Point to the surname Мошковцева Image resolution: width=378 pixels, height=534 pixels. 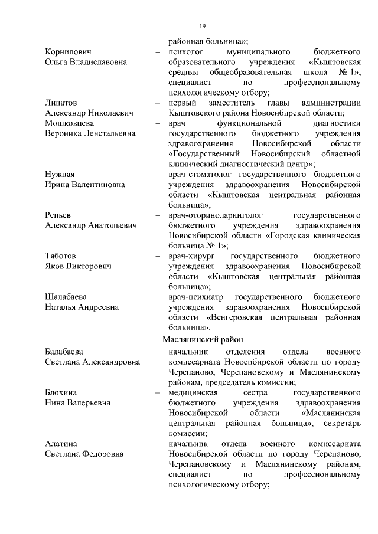[x=70, y=123]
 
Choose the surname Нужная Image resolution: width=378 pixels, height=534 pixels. [x=60, y=174]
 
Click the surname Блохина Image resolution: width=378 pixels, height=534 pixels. [x=61, y=392]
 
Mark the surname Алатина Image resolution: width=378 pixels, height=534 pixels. [x=61, y=443]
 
